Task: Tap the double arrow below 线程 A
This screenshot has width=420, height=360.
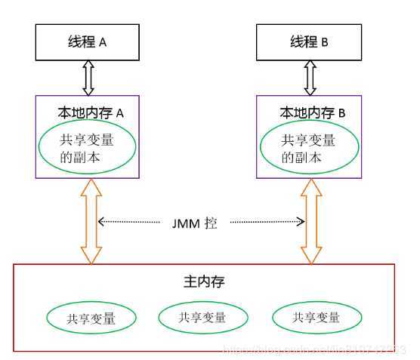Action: point(88,77)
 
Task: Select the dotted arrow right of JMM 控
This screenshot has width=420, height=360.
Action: point(268,223)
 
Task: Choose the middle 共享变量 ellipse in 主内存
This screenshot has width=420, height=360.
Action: point(203,318)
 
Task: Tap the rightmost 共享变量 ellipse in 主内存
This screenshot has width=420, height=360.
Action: point(317,318)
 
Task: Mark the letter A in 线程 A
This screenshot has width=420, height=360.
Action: point(103,43)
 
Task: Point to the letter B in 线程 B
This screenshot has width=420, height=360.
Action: point(323,43)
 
